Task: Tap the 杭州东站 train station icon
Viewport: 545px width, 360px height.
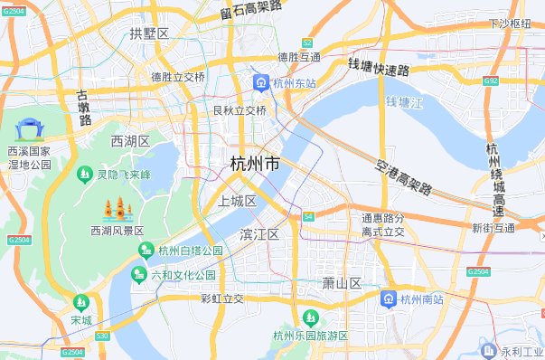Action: point(260,82)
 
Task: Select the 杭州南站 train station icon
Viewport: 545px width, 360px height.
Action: point(388,298)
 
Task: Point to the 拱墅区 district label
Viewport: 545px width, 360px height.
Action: point(149,33)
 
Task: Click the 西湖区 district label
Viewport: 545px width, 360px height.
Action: point(130,141)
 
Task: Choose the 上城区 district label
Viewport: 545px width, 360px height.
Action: point(238,201)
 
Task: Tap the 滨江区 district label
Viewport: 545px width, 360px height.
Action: point(259,234)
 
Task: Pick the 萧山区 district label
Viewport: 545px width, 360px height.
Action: point(342,283)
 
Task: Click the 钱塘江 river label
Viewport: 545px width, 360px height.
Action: point(403,103)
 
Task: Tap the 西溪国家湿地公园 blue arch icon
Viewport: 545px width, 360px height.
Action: point(29,129)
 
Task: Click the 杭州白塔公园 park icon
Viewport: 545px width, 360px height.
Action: point(149,251)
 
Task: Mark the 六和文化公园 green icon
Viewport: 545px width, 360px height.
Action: point(140,274)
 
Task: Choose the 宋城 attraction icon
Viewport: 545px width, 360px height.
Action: point(81,302)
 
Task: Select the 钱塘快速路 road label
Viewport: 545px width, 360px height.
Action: point(379,67)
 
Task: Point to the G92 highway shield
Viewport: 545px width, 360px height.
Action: point(517,81)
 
